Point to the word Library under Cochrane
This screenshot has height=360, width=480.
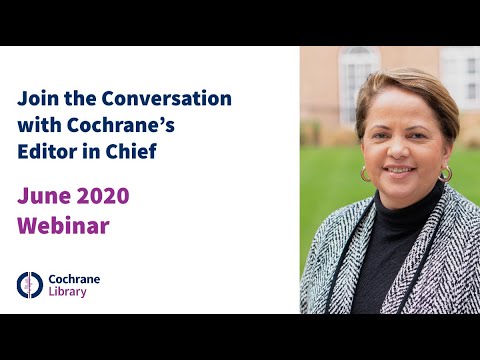68,292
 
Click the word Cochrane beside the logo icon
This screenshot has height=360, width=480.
75,277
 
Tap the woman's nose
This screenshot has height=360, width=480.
398,151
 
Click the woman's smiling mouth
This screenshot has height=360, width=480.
398,170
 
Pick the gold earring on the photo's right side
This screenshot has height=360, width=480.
446,173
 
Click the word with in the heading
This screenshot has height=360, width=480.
37,126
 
